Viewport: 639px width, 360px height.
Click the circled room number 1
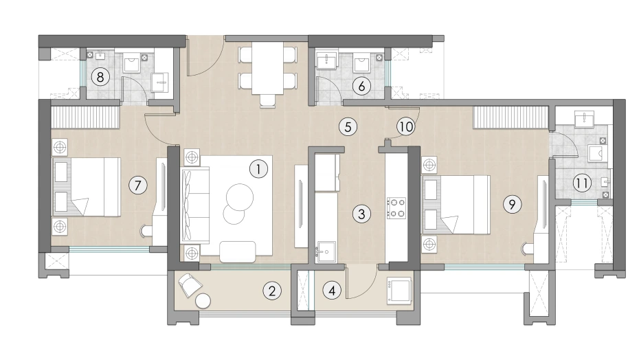coord(258,168)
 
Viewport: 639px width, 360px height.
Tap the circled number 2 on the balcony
coord(273,291)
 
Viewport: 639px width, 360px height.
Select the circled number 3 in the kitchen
coord(361,214)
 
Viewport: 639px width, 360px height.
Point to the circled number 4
coord(333,291)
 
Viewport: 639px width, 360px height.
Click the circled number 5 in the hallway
coord(348,126)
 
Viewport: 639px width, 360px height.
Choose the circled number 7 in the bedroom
coord(137,184)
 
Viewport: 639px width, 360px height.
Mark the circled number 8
coord(100,76)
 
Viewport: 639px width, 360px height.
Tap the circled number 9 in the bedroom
coord(511,203)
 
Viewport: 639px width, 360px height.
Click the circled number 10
coord(405,126)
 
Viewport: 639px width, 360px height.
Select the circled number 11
coord(582,183)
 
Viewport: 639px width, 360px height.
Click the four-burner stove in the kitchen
coord(396,208)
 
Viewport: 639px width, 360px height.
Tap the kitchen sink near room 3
coord(326,251)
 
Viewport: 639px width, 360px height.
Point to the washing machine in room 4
coord(399,290)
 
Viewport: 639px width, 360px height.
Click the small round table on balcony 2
coord(204,302)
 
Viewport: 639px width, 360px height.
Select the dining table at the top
coord(268,68)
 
